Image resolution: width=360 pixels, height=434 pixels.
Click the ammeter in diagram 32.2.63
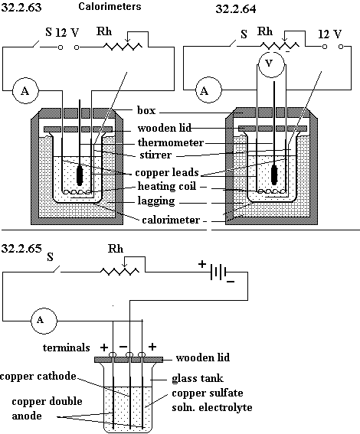[25, 90]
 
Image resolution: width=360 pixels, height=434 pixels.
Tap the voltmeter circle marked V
[270, 64]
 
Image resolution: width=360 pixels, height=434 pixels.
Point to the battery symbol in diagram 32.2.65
[219, 272]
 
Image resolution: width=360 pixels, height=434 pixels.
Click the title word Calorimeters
[110, 6]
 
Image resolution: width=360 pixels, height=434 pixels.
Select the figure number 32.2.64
[236, 9]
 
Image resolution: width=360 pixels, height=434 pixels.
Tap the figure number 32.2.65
[21, 248]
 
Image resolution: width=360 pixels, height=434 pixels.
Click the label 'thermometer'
[171, 143]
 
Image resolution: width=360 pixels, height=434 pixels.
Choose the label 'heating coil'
[167, 186]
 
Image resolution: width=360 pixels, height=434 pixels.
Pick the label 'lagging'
[156, 201]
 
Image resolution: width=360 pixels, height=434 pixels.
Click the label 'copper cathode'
[38, 377]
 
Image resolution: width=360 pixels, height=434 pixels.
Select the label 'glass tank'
[198, 378]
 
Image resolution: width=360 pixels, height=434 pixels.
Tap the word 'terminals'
[67, 348]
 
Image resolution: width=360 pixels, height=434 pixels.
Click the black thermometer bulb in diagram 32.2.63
[80, 175]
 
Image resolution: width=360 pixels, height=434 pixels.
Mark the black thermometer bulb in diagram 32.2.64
[274, 175]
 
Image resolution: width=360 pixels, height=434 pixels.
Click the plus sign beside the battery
[202, 264]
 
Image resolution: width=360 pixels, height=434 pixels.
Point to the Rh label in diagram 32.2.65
[116, 249]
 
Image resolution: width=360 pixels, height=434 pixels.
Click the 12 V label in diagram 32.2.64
[330, 34]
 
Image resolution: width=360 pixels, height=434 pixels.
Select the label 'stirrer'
[155, 155]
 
